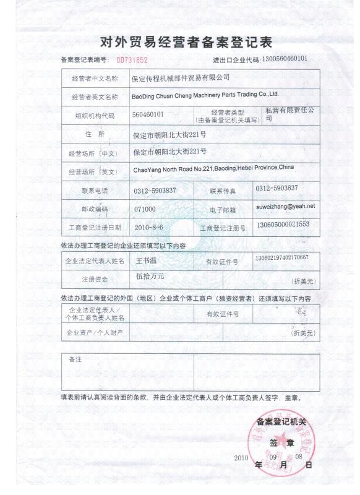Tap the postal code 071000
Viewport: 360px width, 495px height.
[x=144, y=209]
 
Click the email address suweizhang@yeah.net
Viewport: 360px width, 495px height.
[x=285, y=205]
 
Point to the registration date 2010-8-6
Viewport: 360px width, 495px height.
[x=148, y=227]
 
